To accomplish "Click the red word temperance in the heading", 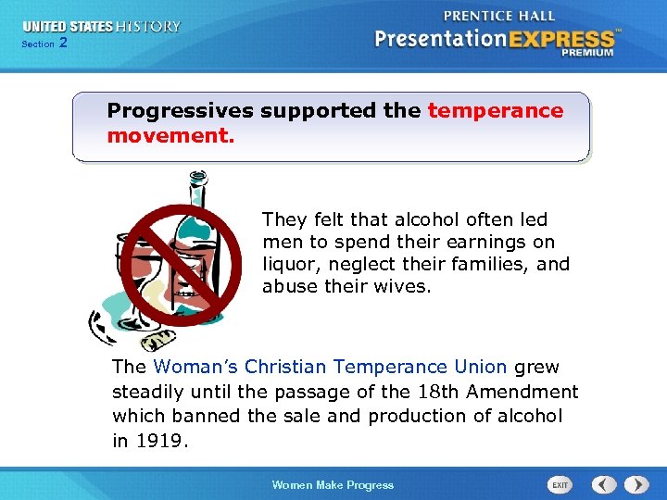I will [x=495, y=111].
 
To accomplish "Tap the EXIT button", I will [x=560, y=484].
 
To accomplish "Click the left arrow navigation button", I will [x=604, y=484].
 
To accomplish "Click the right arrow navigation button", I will [x=636, y=484].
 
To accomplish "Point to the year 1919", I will [x=163, y=442].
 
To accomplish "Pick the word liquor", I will [x=290, y=264].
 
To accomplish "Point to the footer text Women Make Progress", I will [x=333, y=485].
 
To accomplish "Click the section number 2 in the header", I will [x=63, y=44].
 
